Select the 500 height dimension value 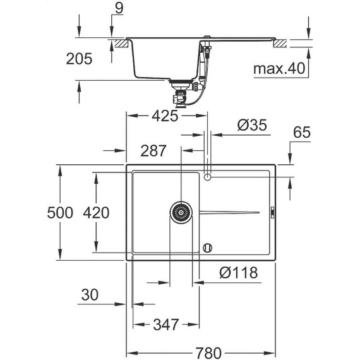click(x=62, y=212)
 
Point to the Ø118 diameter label click(x=237, y=273)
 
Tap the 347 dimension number click(x=165, y=326)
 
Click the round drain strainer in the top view click(x=181, y=212)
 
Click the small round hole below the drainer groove click(x=208, y=247)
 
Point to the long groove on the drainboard click(x=230, y=211)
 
